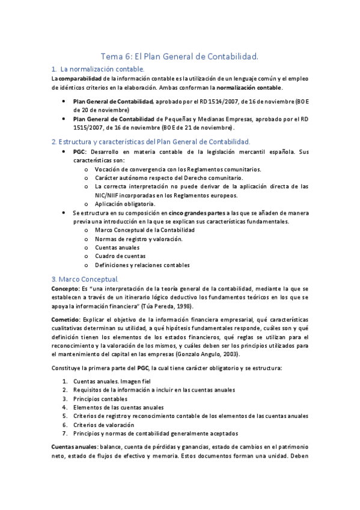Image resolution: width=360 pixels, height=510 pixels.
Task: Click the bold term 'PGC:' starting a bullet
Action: point(81,153)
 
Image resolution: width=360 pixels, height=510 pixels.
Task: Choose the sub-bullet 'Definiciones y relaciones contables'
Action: point(142,265)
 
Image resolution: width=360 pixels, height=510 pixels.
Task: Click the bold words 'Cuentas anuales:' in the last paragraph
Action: point(75,447)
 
